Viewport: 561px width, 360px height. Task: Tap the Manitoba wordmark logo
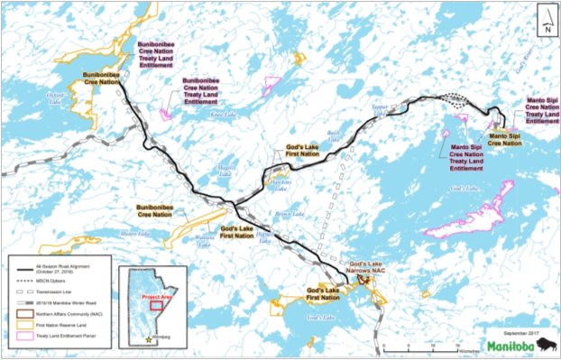coord(510,346)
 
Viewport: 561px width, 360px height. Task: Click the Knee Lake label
coord(221,115)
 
